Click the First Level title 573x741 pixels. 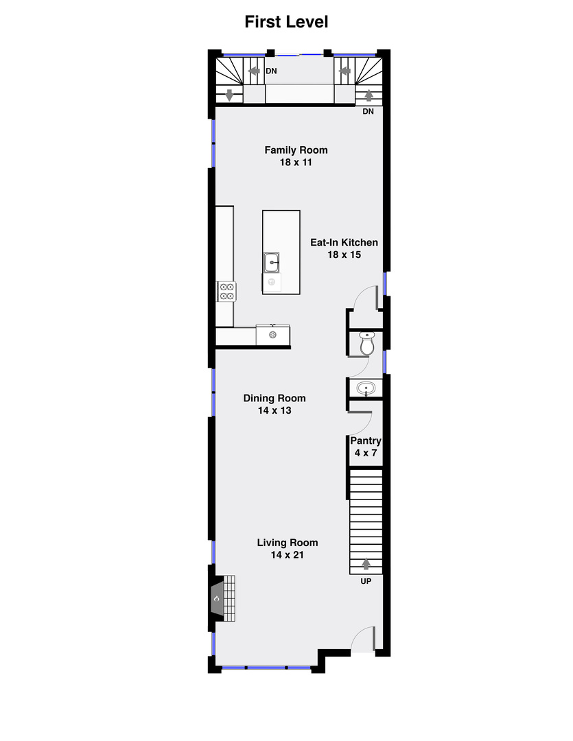286,22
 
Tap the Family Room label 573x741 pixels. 296,150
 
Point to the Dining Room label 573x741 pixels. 274,398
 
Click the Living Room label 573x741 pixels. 287,543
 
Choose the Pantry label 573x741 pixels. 366,441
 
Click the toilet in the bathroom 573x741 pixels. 366,343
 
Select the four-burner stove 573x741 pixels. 226,292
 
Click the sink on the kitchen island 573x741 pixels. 272,262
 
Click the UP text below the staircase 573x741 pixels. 366,581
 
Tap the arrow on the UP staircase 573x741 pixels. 366,564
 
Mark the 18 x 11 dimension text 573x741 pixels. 296,163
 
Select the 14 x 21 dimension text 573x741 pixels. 287,555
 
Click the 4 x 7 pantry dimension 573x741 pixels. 366,454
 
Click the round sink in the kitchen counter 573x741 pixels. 272,336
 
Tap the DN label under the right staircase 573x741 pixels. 369,111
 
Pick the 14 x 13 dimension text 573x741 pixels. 274,410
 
